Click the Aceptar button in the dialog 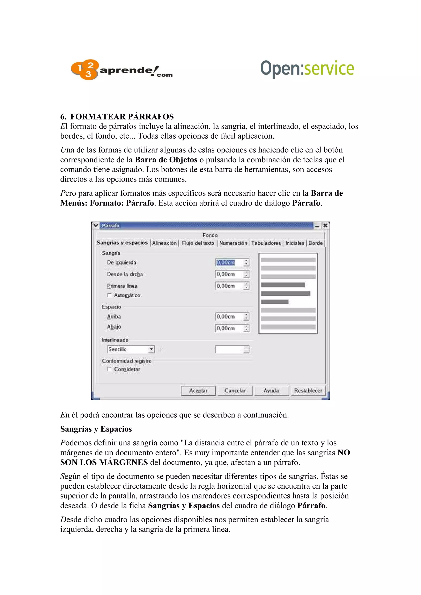coord(198,391)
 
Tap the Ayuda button coord(271,391)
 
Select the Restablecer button coord(308,391)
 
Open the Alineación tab coord(164,243)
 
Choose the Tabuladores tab coord(266,243)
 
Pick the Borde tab coord(315,243)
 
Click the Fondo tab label coord(210,235)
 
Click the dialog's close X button coord(325,225)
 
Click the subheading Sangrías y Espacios coord(96,429)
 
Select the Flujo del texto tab coord(198,243)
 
